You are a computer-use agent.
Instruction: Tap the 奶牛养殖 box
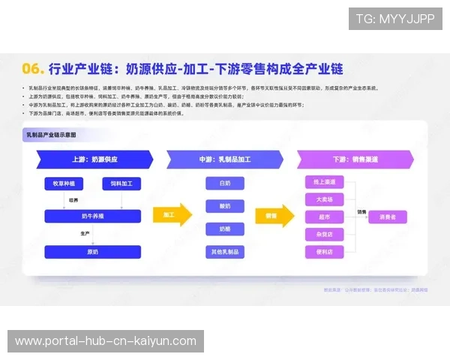[x=92, y=217]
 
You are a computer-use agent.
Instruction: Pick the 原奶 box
[x=92, y=252]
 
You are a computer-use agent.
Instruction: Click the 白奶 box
[x=225, y=183]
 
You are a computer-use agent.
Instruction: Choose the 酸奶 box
[x=225, y=205]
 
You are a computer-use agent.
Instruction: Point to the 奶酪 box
[x=225, y=229]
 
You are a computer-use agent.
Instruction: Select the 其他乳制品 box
[x=225, y=252]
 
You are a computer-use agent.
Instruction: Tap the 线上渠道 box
[x=325, y=182]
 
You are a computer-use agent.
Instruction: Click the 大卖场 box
[x=325, y=199]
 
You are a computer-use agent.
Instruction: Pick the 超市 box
[x=325, y=217]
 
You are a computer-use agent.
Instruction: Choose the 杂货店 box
[x=325, y=234]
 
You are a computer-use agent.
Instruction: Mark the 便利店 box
[x=325, y=252]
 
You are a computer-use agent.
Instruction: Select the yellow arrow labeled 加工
[x=172, y=215]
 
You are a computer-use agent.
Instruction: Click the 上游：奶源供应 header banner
[x=94, y=159]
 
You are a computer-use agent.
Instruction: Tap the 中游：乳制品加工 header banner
[x=225, y=159]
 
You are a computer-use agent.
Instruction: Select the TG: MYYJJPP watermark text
[x=394, y=19]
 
